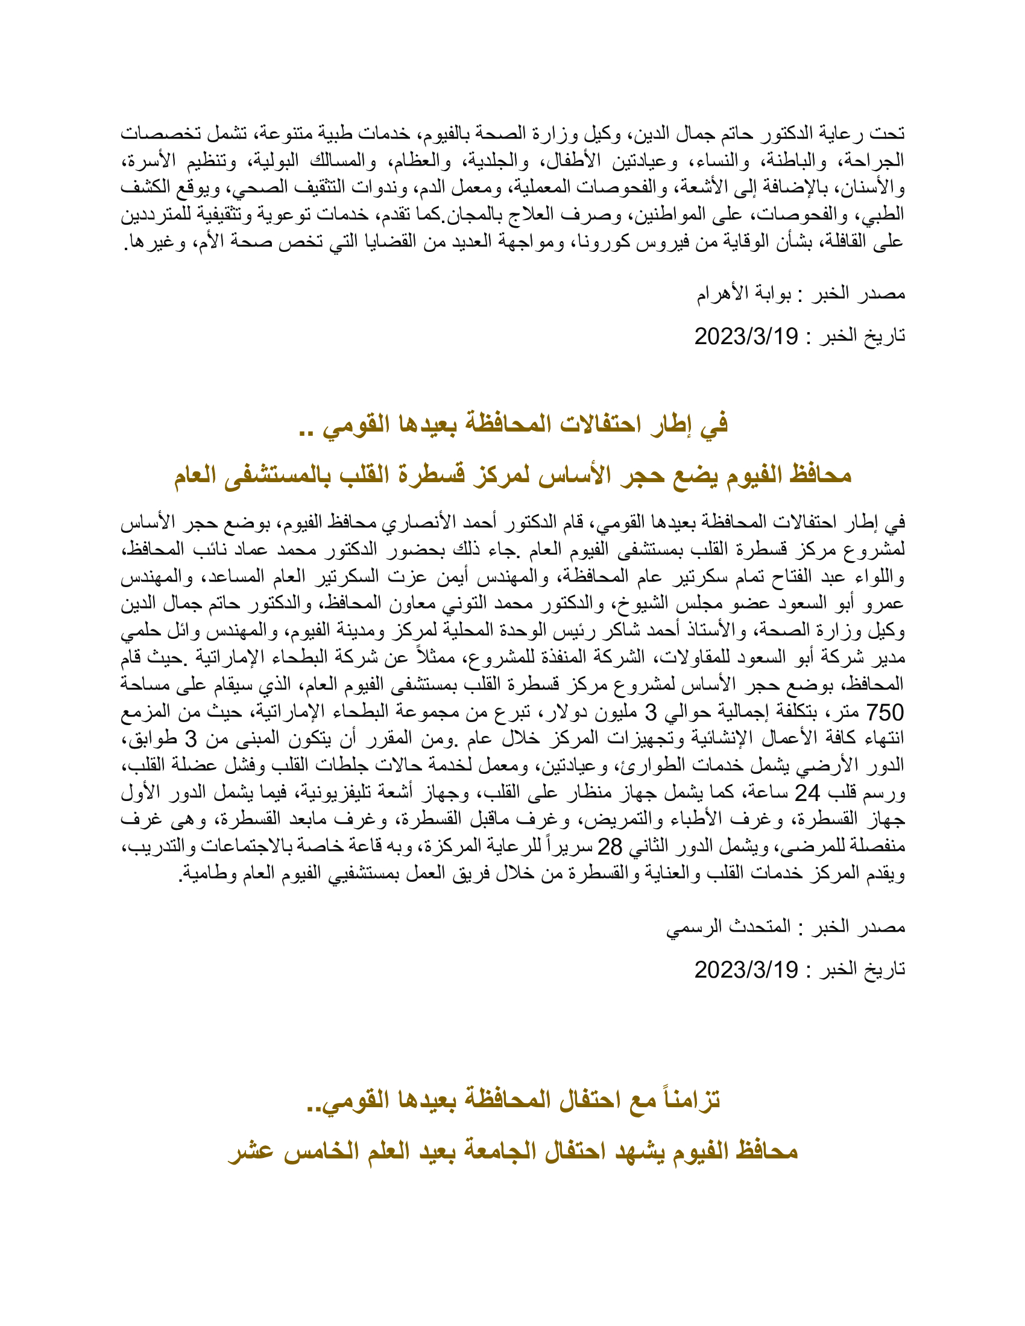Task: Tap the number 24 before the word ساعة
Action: (x=807, y=793)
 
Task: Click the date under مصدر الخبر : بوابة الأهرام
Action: (x=746, y=336)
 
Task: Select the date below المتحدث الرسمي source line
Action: (x=746, y=970)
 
